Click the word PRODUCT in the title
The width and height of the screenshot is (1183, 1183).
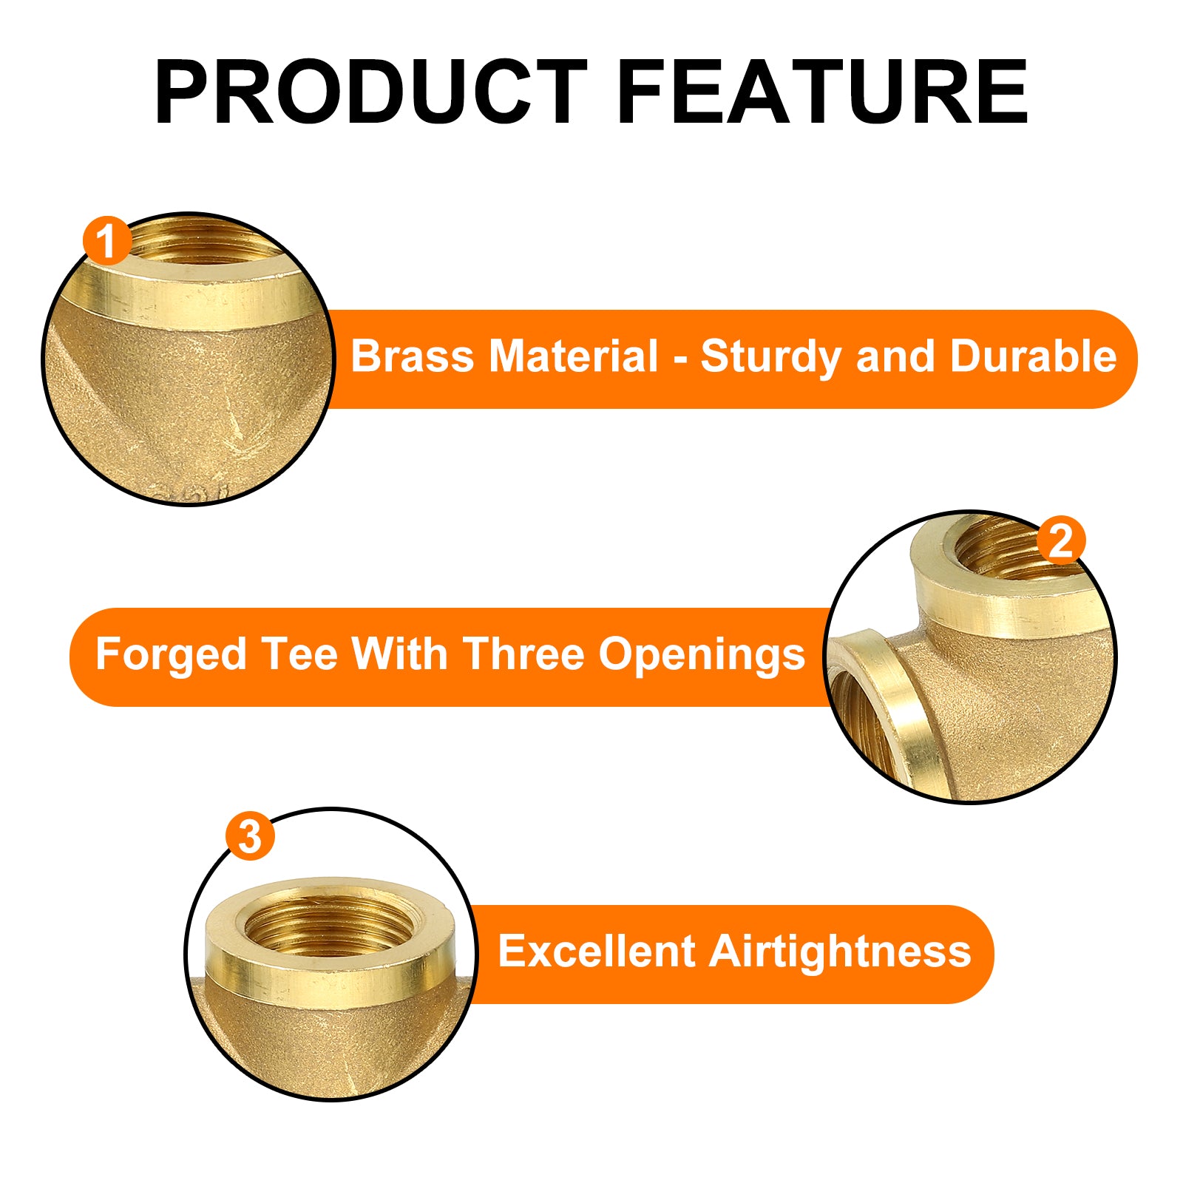coord(371,92)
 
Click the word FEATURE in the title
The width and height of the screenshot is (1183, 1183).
coord(823,92)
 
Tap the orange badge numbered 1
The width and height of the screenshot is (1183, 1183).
coord(107,241)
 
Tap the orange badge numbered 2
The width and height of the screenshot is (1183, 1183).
coord(1061,540)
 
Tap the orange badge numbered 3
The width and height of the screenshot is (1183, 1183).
coord(250,836)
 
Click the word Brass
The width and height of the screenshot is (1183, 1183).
coord(412,356)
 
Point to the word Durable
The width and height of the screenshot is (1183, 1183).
coord(1033,356)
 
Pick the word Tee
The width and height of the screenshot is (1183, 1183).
coord(301,654)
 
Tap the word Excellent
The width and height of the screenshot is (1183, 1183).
coord(597,951)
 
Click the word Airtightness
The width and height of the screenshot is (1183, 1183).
coord(841,952)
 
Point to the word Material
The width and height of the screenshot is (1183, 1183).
coord(574,356)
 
